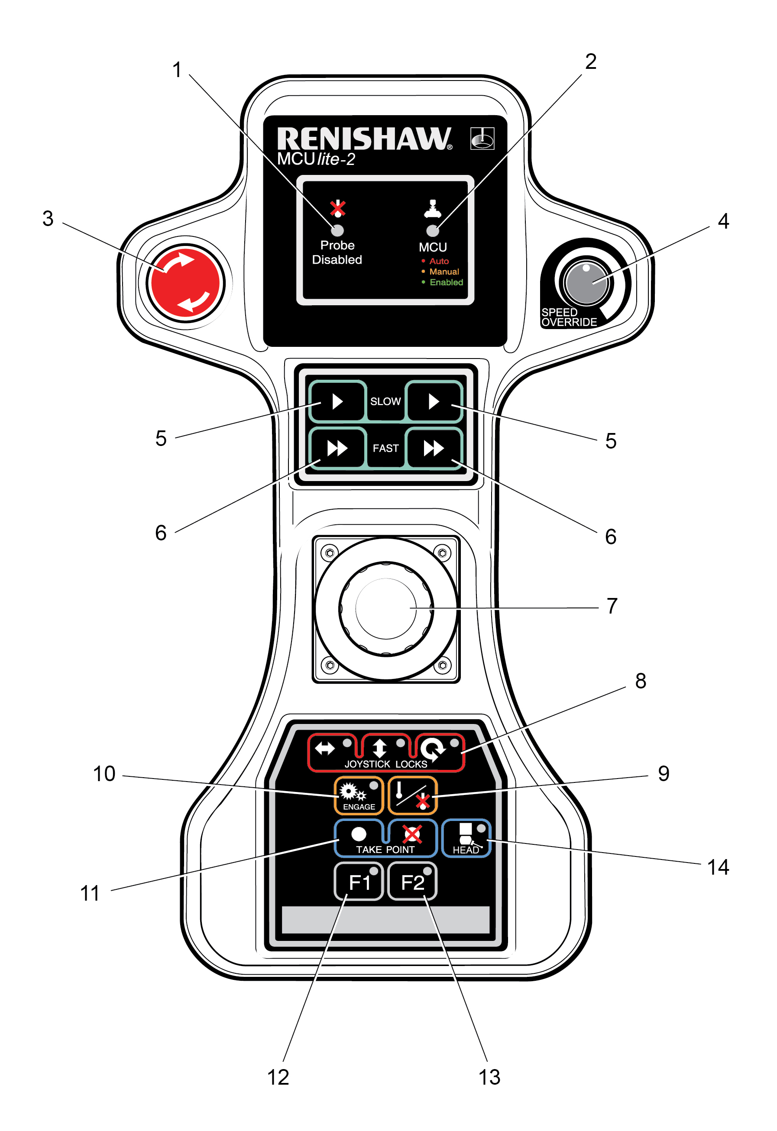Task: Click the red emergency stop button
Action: coord(185,283)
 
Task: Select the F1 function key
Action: coord(359,882)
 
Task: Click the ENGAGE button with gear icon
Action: coord(359,795)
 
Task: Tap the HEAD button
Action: coord(466,839)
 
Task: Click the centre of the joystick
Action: coord(385,608)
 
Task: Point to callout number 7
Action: coord(612,606)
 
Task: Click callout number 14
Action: coord(718,867)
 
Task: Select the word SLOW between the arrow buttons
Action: coord(385,401)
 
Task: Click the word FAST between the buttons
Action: coord(385,448)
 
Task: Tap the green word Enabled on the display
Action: coord(446,282)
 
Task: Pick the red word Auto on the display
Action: coord(439,262)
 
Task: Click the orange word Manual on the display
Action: coord(444,271)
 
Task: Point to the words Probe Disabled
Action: coord(337,252)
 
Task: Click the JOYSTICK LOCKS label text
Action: coord(385,764)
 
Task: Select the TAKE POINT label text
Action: coord(385,850)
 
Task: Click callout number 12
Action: coord(278,1077)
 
